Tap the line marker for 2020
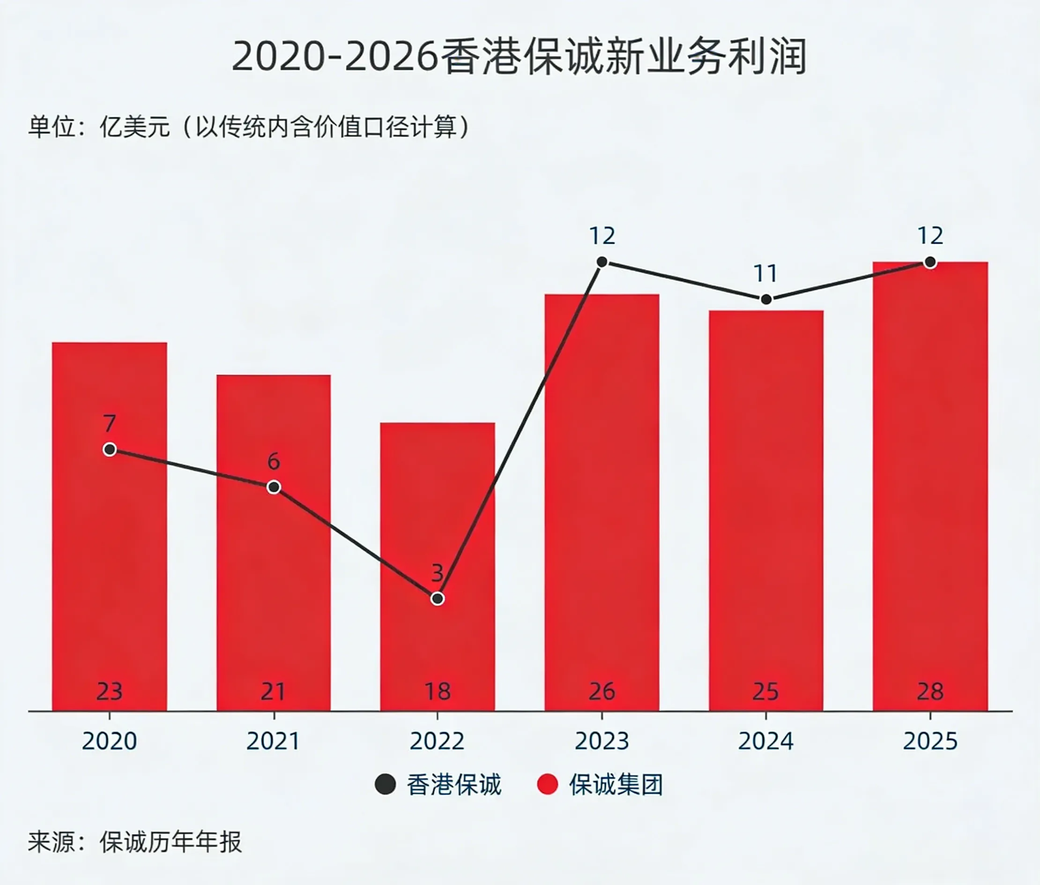coord(110,450)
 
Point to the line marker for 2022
coord(437,599)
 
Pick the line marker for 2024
coord(765,300)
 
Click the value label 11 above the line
coord(765,274)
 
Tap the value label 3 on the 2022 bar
coord(437,573)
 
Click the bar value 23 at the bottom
coord(109,692)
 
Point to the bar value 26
coord(602,692)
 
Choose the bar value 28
coord(930,692)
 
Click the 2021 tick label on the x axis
coord(273,742)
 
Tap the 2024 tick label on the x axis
coord(765,742)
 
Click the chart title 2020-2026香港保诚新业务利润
coord(520,57)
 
